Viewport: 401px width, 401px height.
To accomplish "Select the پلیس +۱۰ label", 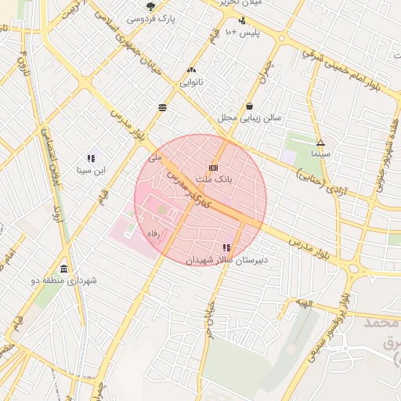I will pyautogui.click(x=242, y=32).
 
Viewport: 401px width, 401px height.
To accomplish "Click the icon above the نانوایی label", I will pyautogui.click(x=192, y=70).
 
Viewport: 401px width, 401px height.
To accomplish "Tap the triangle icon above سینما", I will pyautogui.click(x=320, y=143).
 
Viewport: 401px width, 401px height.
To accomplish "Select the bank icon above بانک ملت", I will pyautogui.click(x=214, y=168).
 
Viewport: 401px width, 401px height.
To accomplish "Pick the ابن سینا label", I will pyautogui.click(x=91, y=169).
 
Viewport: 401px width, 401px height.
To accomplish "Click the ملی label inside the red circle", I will pyautogui.click(x=154, y=157).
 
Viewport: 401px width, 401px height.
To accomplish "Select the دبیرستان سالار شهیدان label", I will pyautogui.click(x=226, y=258).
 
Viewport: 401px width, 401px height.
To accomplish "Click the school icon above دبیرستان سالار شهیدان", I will pyautogui.click(x=226, y=247).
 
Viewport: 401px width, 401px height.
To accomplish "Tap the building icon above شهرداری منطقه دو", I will pyautogui.click(x=63, y=268).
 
